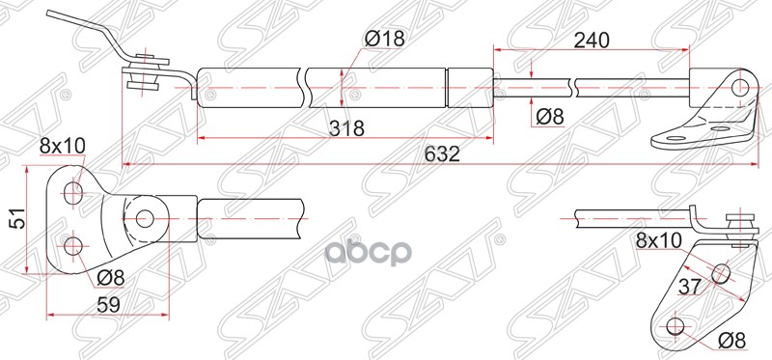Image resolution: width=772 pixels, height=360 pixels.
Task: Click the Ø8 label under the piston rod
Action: pos(547,116)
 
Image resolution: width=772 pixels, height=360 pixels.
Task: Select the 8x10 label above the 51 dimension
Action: pos(63,146)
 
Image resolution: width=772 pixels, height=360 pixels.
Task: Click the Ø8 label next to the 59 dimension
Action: pos(109,279)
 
